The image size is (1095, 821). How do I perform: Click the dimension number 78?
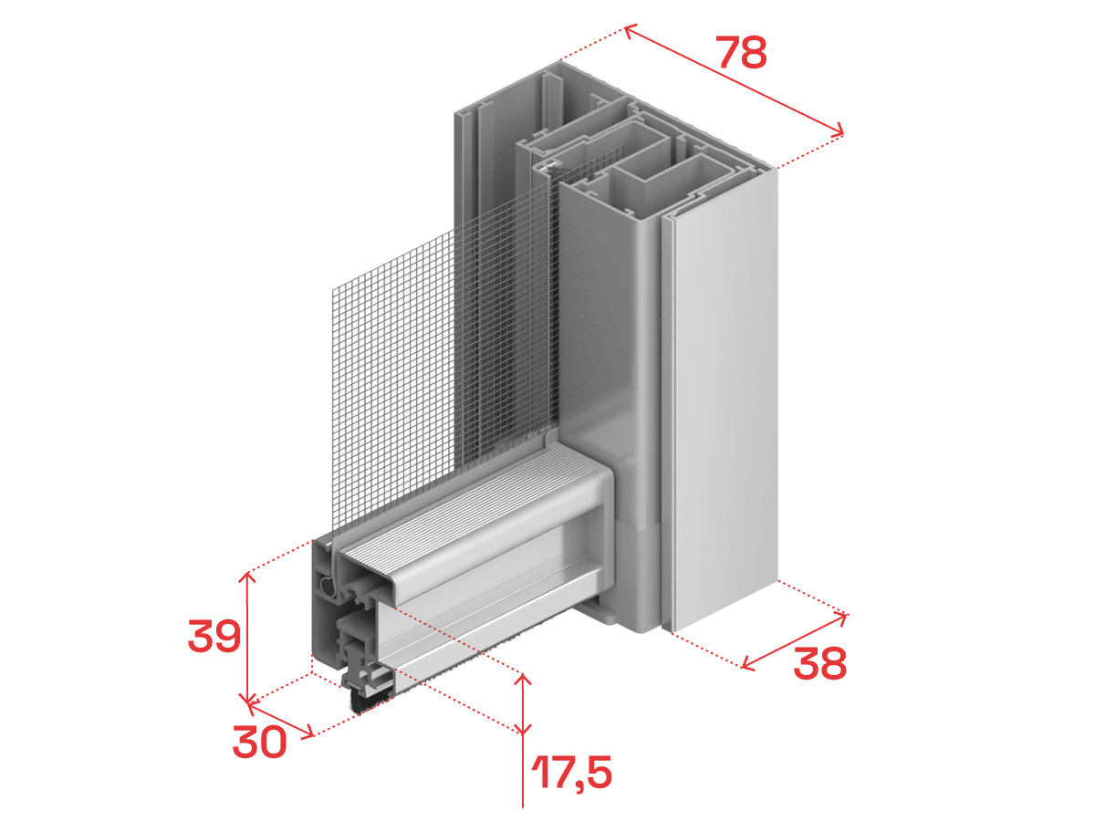tap(743, 52)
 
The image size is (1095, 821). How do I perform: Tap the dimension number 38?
tap(819, 663)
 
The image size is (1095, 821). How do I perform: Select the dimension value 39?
tap(214, 636)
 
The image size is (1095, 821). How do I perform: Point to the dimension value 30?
tap(259, 742)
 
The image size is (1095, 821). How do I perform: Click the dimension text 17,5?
tap(572, 772)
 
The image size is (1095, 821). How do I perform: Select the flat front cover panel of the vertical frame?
tap(725, 399)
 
